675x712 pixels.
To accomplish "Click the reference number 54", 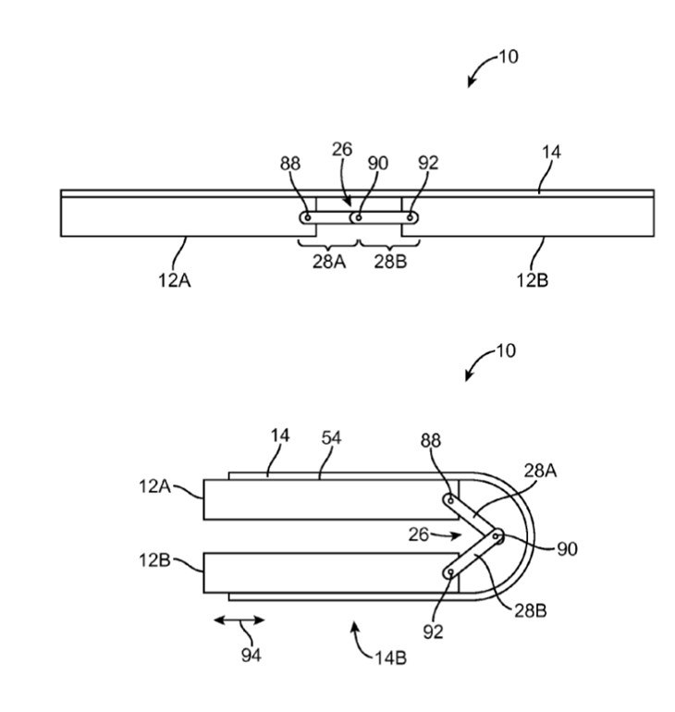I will pos(330,438).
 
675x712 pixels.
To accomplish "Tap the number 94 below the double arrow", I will pos(251,655).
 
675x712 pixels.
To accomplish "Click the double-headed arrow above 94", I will pos(239,620).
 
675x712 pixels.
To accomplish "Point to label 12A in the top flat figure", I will pos(175,280).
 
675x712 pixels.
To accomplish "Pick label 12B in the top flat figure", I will pos(532,280).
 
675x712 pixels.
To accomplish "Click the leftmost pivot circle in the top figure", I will pos(306,218).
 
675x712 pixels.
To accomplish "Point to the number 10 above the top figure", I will pos(509,56).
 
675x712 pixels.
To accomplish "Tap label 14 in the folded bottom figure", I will pos(278,436).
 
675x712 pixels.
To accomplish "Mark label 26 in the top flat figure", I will pos(341,149).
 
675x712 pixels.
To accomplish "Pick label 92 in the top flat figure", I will pos(427,163).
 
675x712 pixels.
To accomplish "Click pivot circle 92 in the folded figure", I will pos(449,573).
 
